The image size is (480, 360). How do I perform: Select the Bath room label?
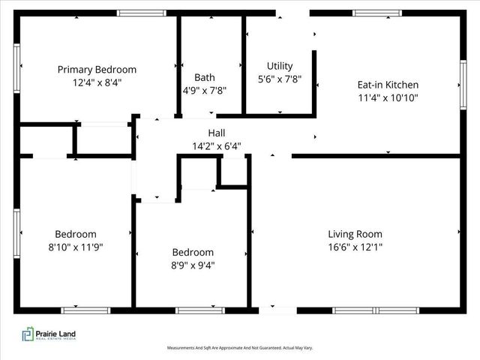[x=205, y=77]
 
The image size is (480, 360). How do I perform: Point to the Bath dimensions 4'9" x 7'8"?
[x=205, y=90]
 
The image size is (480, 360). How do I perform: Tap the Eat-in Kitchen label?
[x=388, y=85]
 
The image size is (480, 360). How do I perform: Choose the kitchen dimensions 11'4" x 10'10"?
[x=388, y=97]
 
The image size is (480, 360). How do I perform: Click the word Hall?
[x=217, y=133]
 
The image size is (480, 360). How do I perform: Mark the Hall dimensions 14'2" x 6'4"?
[x=217, y=146]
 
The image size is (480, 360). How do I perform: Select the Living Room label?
[x=355, y=233]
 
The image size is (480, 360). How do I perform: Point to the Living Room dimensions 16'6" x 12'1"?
[x=355, y=246]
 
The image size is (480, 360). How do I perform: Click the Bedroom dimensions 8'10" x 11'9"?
[x=75, y=246]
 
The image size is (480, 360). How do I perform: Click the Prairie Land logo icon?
[x=28, y=334]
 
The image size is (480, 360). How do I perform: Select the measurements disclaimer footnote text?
[x=239, y=348]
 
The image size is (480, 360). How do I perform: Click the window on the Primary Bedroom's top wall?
[x=142, y=13]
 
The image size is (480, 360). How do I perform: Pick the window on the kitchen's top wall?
[x=377, y=13]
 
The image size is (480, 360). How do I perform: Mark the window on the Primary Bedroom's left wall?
[x=16, y=69]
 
